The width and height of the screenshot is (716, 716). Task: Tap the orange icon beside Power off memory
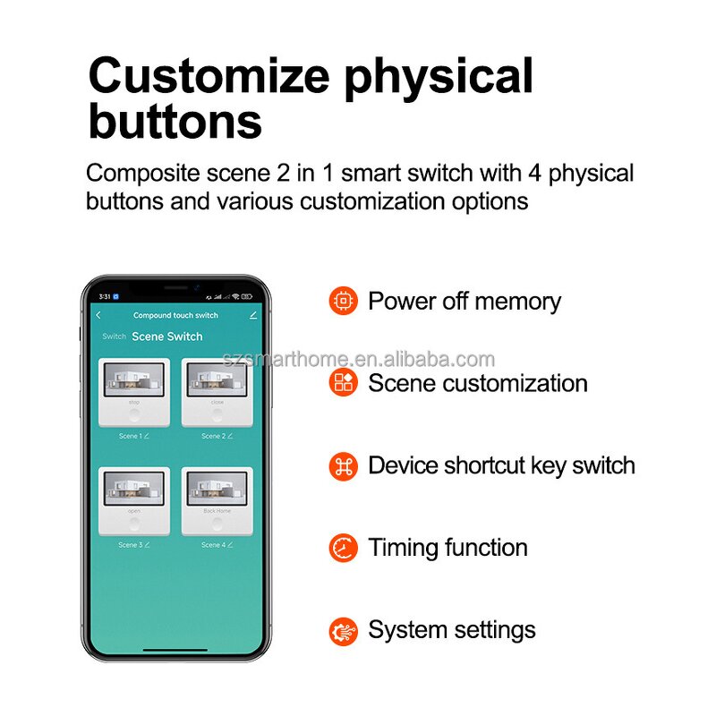[343, 301]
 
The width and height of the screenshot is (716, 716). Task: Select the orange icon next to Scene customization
[343, 383]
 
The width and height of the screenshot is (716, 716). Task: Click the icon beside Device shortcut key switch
[343, 465]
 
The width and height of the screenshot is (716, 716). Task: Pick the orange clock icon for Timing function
[343, 548]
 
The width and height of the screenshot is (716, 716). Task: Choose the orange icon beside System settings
[343, 630]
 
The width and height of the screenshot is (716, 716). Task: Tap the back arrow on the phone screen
[98, 315]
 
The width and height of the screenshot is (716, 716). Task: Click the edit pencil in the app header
[253, 315]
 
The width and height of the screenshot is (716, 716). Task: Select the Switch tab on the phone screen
[114, 337]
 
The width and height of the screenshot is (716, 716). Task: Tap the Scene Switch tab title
[167, 337]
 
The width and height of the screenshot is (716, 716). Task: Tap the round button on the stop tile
[134, 415]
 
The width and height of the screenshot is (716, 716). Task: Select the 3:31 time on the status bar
[105, 296]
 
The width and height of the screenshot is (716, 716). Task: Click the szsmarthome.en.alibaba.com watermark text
[358, 360]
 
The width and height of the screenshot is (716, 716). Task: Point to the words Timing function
[447, 548]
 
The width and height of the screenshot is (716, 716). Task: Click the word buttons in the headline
[175, 123]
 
